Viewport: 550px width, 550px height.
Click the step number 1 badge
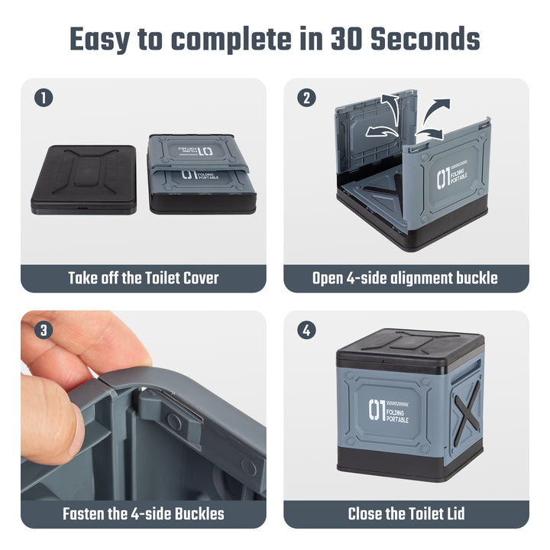[44, 98]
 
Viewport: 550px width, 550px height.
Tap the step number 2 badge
[306, 98]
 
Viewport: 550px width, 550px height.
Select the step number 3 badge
[44, 331]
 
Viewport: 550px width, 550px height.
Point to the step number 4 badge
[306, 331]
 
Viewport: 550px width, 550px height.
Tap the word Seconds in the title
[425, 39]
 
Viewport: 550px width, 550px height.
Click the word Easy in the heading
[100, 40]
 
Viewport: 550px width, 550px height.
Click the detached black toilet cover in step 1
[84, 180]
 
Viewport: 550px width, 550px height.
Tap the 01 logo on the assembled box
[377, 409]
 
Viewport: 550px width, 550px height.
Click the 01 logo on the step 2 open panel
[444, 179]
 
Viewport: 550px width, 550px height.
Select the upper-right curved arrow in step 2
[435, 112]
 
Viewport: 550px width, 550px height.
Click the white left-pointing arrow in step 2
[381, 132]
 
